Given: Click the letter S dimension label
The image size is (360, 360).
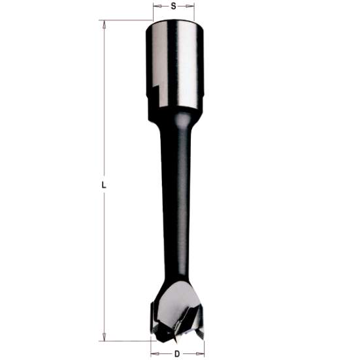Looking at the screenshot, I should (173, 6).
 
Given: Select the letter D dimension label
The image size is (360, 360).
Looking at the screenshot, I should (177, 353).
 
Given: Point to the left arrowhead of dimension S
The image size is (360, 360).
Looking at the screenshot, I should (155, 6).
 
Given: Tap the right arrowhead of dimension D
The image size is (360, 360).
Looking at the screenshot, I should (200, 353).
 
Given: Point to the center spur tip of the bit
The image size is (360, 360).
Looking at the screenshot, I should (176, 340).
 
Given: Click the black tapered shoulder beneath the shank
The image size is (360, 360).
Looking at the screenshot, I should (174, 118).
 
